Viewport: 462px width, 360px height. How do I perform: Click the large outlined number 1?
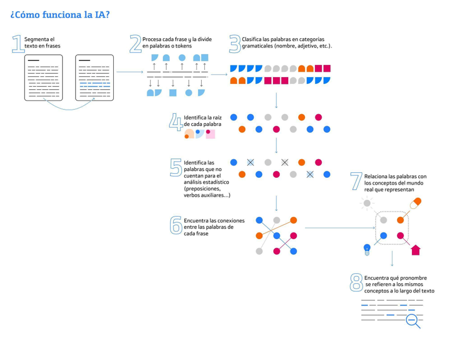coord(17,44)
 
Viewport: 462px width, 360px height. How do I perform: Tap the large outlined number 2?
coord(136,44)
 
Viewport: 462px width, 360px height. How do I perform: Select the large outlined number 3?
coord(235,43)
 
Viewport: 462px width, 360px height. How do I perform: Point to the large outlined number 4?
coord(176,122)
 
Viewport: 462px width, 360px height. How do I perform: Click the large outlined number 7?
coord(357,181)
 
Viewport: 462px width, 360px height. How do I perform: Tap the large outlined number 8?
coord(357,283)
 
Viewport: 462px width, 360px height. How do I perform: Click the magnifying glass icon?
coord(413,320)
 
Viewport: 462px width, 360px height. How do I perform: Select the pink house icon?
coord(416,250)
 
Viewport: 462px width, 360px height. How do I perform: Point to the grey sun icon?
coord(367,203)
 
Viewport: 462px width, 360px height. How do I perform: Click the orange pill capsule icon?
coord(416,202)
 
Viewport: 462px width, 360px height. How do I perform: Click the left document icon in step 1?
coord(43,78)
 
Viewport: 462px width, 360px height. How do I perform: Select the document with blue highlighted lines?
coord(94,78)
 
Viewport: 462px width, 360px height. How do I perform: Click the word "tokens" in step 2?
coord(183,46)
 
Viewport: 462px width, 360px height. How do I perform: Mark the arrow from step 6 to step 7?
coord(339,227)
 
